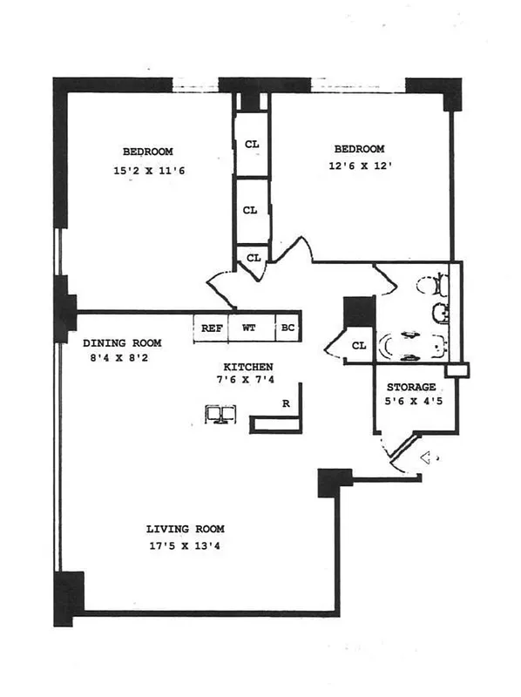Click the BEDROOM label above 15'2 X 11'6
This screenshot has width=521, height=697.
(x=147, y=152)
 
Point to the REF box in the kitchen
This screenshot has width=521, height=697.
(x=211, y=328)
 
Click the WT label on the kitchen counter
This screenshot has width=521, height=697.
(x=248, y=328)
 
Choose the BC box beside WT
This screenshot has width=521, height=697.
(x=287, y=328)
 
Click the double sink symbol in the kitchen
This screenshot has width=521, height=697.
(x=220, y=414)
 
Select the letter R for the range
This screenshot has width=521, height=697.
(x=285, y=403)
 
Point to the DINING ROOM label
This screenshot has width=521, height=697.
(x=123, y=342)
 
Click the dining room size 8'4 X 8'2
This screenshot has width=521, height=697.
(x=123, y=357)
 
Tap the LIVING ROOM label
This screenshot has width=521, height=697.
(x=185, y=529)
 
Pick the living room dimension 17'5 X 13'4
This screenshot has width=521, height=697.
(x=185, y=547)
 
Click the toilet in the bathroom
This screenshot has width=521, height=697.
(x=430, y=284)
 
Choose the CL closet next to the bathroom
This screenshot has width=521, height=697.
(x=358, y=346)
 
